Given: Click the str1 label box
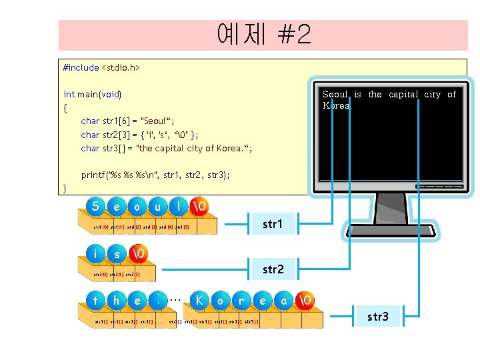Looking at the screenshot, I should click(x=272, y=224).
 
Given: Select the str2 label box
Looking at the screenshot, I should click(x=273, y=269).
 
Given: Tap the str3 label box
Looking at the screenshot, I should click(x=377, y=316).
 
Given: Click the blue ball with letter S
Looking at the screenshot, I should click(x=97, y=207).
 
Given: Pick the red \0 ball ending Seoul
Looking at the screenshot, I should click(x=198, y=207).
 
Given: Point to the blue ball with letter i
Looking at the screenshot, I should click(x=97, y=253).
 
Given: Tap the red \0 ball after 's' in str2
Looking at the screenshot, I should click(x=137, y=253).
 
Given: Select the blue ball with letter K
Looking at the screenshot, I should click(x=199, y=300).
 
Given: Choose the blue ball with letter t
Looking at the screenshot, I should click(x=97, y=300).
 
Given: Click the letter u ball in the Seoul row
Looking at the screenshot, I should click(x=157, y=207).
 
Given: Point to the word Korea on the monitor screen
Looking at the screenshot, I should click(x=337, y=105).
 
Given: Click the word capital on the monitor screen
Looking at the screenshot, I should click(x=405, y=95).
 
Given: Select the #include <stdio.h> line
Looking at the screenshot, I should click(x=101, y=67).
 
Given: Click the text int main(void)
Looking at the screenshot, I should click(x=93, y=94).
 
